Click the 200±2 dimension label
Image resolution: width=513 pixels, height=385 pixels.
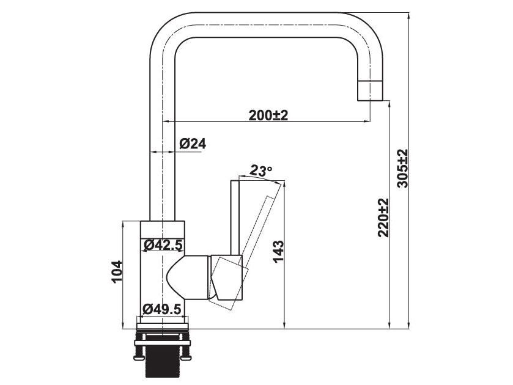coord(268,115)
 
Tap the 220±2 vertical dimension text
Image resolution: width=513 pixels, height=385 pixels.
coord(383,218)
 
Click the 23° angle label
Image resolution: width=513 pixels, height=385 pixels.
coord(260,171)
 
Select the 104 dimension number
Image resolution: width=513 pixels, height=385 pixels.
coord(117,272)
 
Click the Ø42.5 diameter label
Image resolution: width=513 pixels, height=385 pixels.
coord(163,245)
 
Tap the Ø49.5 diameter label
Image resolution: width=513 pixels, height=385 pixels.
coord(162,309)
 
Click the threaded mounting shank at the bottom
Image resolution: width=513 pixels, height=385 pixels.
coord(162,358)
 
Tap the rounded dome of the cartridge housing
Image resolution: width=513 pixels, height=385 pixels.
coord(177,278)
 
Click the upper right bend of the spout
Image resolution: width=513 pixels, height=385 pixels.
coord(364,31)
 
